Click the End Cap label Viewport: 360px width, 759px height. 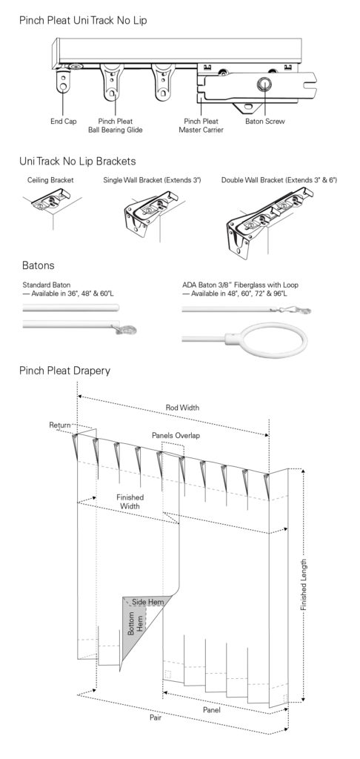click(x=64, y=122)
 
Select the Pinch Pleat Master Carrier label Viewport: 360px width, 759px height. click(x=201, y=126)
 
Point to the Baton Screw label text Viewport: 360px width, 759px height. click(x=265, y=122)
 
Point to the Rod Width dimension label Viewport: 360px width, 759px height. click(x=182, y=408)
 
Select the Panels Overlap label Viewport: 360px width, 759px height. click(x=176, y=435)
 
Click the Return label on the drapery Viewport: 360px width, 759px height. click(x=60, y=425)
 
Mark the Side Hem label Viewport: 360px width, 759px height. click(x=148, y=602)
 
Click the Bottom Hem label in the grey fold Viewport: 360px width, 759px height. click(x=136, y=624)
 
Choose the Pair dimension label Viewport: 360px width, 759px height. click(x=156, y=717)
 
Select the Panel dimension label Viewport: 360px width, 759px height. click(x=211, y=710)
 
